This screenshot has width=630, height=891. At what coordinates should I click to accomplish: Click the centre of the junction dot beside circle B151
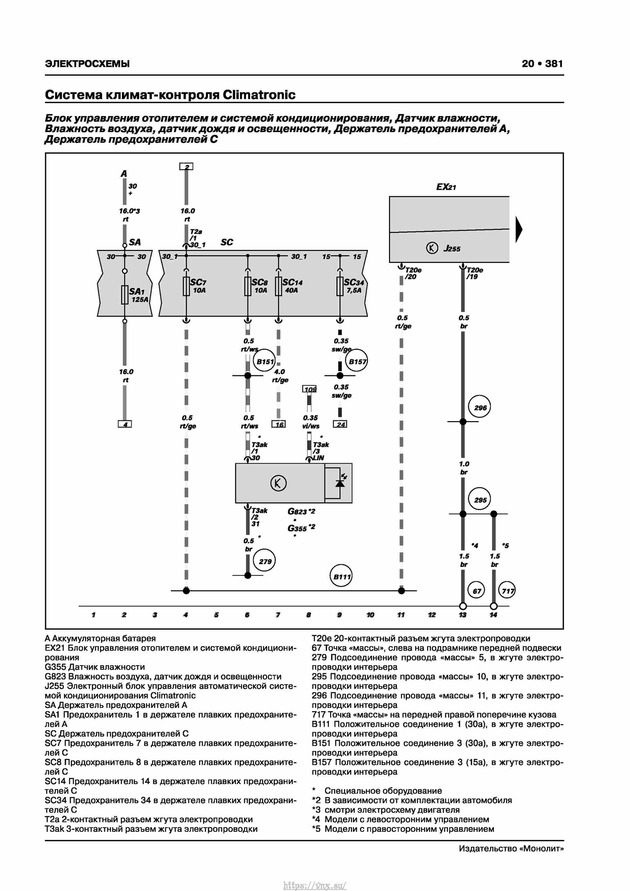click(x=248, y=375)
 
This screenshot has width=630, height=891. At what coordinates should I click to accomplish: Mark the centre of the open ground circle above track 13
click(x=462, y=606)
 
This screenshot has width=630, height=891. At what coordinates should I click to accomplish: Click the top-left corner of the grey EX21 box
click(x=389, y=196)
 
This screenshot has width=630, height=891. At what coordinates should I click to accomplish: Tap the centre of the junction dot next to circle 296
click(x=462, y=421)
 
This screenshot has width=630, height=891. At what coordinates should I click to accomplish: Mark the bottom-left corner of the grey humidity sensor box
click(x=236, y=503)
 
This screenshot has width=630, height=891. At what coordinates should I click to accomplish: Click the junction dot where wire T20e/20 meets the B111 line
click(x=401, y=591)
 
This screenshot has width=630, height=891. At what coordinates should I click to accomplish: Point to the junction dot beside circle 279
click(x=248, y=575)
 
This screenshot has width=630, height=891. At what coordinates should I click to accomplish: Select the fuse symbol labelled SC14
click(x=278, y=286)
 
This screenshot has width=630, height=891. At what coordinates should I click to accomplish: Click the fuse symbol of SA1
click(x=124, y=295)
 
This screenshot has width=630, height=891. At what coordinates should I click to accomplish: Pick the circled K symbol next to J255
click(x=432, y=248)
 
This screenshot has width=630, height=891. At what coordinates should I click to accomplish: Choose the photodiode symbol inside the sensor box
click(x=340, y=482)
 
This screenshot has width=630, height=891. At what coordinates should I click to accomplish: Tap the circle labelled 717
click(x=507, y=591)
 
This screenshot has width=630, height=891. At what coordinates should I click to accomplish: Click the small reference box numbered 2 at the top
click(x=186, y=166)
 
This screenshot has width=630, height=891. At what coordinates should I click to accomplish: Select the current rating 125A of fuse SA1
click(x=140, y=300)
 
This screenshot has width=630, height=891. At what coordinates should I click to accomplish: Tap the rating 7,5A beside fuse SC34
click(x=354, y=290)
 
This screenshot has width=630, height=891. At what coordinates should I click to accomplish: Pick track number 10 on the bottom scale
click(x=370, y=615)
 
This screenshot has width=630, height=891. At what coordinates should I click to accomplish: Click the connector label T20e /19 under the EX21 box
click(x=475, y=273)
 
